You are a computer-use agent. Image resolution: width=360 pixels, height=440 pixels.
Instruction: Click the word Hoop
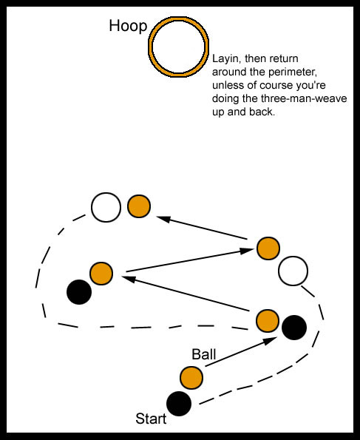[128, 26]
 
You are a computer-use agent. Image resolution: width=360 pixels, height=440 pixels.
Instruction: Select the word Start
[151, 419]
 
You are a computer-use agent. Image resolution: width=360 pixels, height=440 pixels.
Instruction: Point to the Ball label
[204, 354]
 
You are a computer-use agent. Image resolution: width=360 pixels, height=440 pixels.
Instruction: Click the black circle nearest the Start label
[179, 404]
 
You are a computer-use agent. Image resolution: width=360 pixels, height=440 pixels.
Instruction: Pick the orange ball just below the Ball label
[191, 377]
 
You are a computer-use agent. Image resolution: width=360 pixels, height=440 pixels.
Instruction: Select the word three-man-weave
[304, 98]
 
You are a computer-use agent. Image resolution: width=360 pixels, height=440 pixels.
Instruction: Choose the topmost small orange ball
[139, 206]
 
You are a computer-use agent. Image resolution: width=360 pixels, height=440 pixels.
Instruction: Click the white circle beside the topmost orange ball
[106, 207]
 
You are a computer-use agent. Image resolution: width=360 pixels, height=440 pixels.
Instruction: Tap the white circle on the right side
[293, 271]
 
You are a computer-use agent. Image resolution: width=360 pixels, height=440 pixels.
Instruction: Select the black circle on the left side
[79, 292]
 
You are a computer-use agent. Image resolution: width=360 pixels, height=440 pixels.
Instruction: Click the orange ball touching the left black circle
[101, 274]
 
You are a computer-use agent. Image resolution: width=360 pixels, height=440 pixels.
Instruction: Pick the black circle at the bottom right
[294, 328]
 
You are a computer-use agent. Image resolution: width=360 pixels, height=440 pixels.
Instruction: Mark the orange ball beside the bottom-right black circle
[268, 321]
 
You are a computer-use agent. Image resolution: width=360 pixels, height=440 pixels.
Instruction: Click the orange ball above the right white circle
[268, 248]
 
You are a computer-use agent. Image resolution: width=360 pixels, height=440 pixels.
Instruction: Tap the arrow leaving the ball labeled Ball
[241, 352]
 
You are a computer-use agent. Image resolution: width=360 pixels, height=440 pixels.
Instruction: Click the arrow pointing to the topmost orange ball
[202, 228]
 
